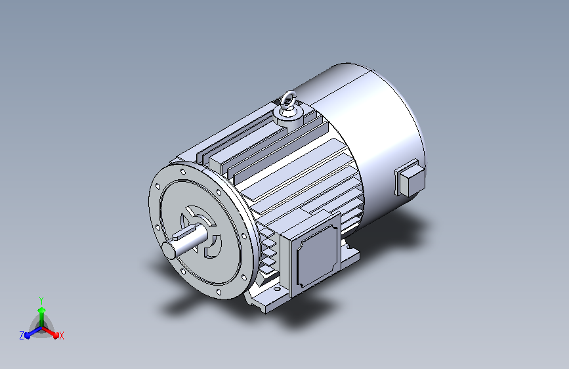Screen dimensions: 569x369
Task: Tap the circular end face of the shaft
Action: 169,250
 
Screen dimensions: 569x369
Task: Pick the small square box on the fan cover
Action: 410,179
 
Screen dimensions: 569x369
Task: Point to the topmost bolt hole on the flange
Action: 182,172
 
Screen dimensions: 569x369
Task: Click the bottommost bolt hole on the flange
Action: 219,292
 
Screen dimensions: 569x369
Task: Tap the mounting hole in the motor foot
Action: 277,289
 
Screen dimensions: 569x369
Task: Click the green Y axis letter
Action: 41,301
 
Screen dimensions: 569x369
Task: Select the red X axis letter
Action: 61,336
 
